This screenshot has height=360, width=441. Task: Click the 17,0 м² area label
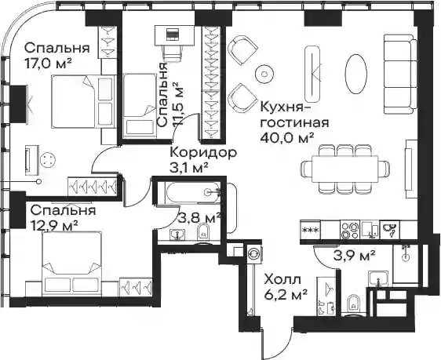point(48,64)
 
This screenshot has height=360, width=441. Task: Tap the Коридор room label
point(203,153)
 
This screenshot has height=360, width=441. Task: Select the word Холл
point(282,280)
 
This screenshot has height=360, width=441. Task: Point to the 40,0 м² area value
point(287,137)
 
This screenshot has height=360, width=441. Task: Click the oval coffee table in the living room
point(355,74)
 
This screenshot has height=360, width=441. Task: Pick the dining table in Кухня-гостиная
point(344,169)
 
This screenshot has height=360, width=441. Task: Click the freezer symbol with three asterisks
point(310,230)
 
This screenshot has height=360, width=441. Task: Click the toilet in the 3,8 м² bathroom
point(203,232)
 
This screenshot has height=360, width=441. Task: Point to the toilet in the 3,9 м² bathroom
point(352,304)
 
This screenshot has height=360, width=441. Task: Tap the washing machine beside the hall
point(254,253)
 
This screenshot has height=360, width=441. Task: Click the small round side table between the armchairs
point(264,74)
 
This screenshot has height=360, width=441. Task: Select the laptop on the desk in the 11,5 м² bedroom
point(172,35)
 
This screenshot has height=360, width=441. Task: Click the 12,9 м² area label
point(54,225)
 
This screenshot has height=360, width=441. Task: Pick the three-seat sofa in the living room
point(400,75)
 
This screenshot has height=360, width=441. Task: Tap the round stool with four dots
point(48,161)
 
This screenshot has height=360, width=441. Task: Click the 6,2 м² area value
point(286,294)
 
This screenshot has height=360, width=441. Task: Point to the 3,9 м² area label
point(354,255)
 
